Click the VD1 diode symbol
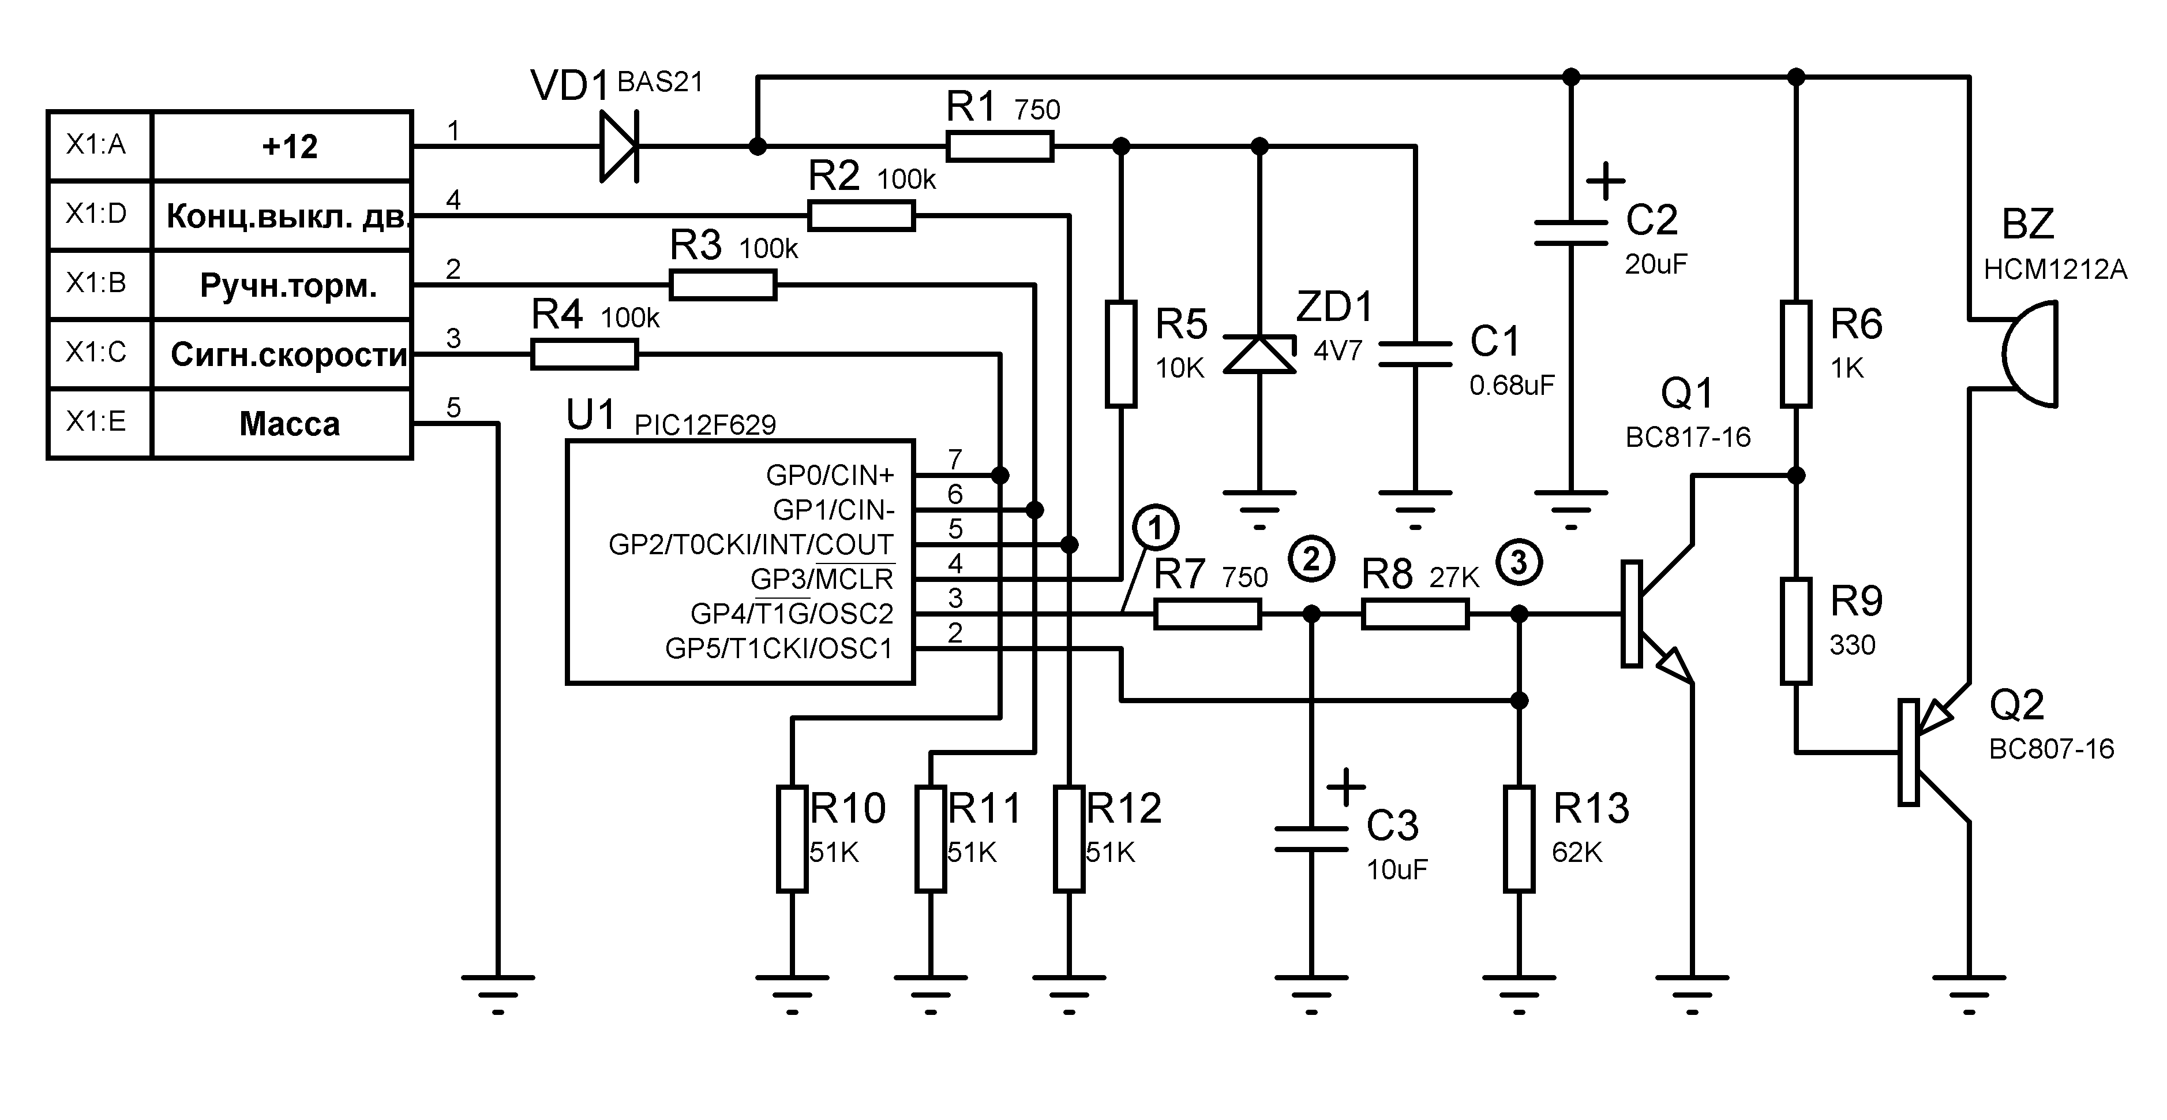[619, 147]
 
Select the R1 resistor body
[999, 147]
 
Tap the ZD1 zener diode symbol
[1259, 354]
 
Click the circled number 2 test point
[1311, 559]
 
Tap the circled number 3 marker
[1519, 562]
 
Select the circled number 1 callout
[1155, 528]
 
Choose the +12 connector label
[290, 147]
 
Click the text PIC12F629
[705, 425]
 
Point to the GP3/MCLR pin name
[822, 579]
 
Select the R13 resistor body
[1519, 839]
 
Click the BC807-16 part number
[2051, 749]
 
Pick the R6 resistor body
[1796, 354]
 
